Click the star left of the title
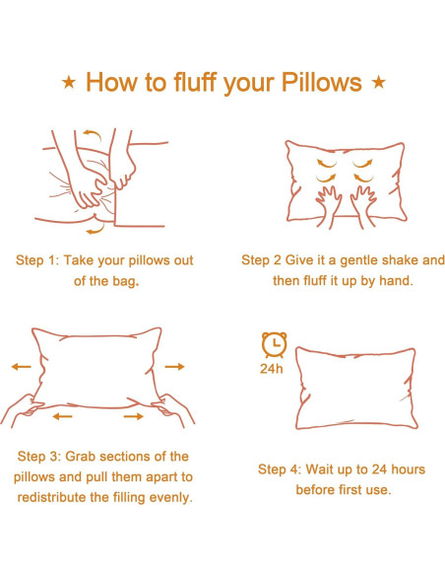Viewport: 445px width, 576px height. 69,82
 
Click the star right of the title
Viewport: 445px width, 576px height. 378,82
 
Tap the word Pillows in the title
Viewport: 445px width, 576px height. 322,82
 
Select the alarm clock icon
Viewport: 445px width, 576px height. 274,344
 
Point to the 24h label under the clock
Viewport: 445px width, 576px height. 272,369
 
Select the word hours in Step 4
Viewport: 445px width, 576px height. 408,469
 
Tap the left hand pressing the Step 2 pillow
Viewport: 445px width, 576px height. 328,206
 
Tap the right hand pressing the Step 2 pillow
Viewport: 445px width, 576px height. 363,206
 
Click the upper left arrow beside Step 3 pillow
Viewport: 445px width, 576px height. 22,367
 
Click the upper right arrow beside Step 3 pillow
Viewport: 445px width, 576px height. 174,367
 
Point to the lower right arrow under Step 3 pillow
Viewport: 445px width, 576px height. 134,416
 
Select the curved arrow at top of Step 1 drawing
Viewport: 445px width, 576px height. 93,134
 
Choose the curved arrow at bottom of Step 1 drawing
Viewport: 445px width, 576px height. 95,229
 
